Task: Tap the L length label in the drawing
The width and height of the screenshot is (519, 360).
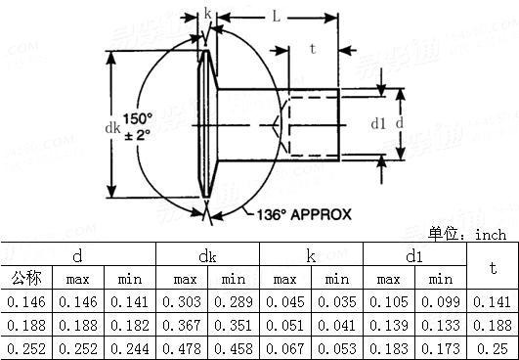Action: point(279,17)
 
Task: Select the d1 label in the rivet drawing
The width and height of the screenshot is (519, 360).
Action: point(379,124)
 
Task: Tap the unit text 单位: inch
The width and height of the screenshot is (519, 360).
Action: point(467,235)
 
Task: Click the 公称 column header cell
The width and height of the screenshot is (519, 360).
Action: point(26,280)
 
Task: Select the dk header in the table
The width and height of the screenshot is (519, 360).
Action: point(207,256)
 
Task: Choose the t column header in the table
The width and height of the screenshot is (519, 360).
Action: point(493,268)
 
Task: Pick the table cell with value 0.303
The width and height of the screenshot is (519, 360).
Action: point(182,303)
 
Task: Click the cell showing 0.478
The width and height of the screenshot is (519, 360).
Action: point(182,348)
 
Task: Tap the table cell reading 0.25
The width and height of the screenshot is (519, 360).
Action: point(493,348)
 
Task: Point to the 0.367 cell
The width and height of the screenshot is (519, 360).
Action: point(182,326)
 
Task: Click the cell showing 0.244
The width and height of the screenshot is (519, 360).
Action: point(130,348)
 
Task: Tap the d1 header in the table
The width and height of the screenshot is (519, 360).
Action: point(414,256)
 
